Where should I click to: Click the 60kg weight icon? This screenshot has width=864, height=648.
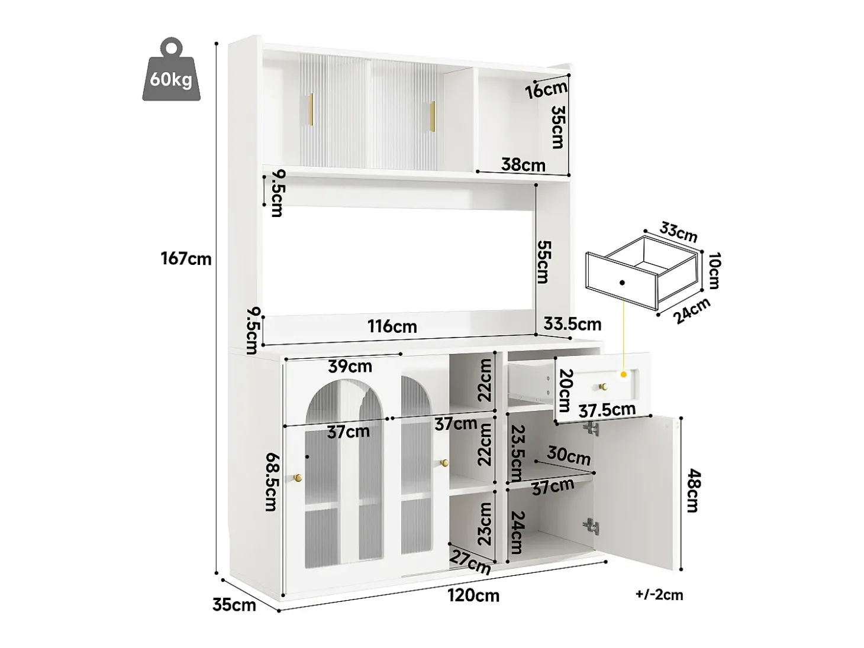(x=171, y=69)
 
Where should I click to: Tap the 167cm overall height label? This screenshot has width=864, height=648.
(x=186, y=259)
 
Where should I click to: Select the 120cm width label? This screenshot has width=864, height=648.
(x=473, y=595)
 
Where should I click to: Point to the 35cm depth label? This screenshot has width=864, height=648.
(x=234, y=605)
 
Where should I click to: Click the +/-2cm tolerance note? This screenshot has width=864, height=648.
(x=659, y=595)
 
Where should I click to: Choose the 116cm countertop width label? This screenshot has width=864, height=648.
(x=392, y=326)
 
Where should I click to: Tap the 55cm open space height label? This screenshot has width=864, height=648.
(x=544, y=263)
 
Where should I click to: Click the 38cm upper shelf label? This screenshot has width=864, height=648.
(x=523, y=165)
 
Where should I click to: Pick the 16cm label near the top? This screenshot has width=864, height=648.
(x=546, y=90)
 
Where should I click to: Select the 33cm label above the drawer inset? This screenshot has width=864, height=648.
(x=678, y=232)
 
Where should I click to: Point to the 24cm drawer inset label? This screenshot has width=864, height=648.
(x=692, y=310)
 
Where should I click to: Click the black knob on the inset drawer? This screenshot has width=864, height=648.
(x=622, y=283)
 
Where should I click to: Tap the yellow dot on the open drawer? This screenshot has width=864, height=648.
(x=624, y=374)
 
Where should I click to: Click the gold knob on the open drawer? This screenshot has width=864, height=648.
(x=602, y=387)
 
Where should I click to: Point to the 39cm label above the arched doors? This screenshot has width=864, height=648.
(x=350, y=367)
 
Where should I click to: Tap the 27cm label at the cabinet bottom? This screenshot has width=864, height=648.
(x=470, y=562)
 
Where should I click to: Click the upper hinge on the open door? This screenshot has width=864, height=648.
(x=591, y=429)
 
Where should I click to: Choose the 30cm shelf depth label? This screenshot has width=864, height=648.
(x=568, y=456)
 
